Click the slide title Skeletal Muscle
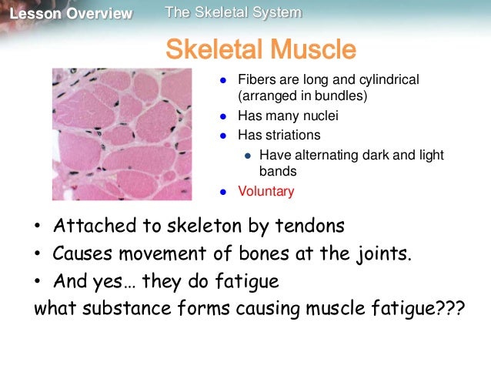coord(261,50)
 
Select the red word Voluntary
coord(266,191)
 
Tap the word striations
coord(288,136)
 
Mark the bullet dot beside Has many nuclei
coord(222,117)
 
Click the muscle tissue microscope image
coord(122,134)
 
